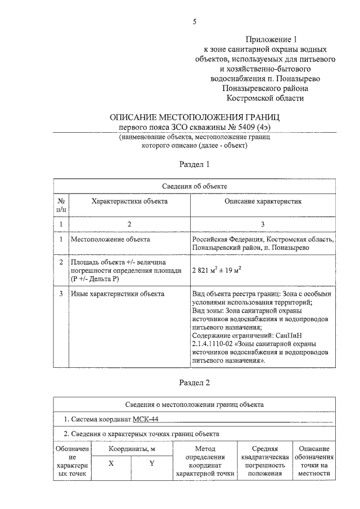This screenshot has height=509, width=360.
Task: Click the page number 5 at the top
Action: tap(194, 22)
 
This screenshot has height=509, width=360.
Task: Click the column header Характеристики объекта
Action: tap(129, 201)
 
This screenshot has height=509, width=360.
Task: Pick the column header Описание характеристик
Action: tap(263, 201)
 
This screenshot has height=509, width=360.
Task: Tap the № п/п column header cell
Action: tap(61, 205)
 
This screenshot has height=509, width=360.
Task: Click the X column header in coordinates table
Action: tap(111, 463)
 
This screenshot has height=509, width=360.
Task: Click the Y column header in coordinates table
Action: tap(151, 463)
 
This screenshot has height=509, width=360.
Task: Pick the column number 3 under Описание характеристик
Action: tap(263, 224)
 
